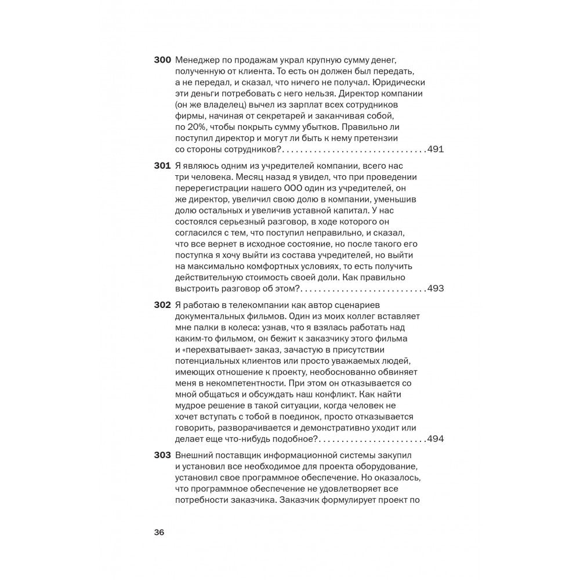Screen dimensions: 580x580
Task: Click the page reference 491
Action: pos(435,150)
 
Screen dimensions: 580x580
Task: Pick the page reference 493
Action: pos(435,289)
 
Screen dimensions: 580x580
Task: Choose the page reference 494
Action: pos(435,439)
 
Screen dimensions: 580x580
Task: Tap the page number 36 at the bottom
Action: pos(159,533)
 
